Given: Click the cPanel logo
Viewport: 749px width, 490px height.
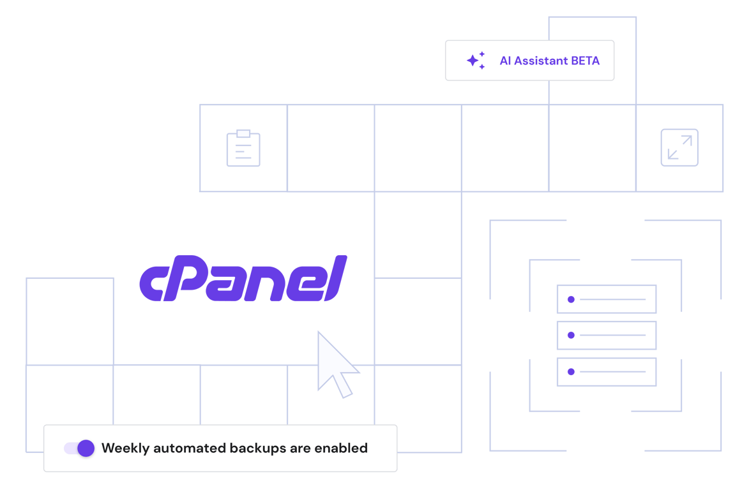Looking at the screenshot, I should click(x=243, y=279).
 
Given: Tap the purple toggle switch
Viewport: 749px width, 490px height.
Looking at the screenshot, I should click(x=80, y=448).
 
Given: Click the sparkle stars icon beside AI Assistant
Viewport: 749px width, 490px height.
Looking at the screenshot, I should click(x=476, y=61).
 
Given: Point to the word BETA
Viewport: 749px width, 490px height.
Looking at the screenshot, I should click(x=586, y=61).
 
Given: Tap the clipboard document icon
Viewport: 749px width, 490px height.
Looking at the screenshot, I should click(x=243, y=149).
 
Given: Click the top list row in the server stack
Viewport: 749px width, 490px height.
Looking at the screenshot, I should click(x=607, y=299).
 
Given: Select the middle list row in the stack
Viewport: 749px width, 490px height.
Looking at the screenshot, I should click(x=607, y=336).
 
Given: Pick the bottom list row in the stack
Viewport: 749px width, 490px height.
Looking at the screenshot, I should click(x=607, y=372).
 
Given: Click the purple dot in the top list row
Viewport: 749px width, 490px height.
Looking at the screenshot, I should click(x=571, y=299).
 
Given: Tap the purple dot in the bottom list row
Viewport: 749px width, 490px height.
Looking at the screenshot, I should click(x=571, y=372).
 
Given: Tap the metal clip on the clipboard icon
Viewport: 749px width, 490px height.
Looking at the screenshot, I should click(x=243, y=133).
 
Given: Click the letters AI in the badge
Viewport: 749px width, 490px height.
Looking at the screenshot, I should click(x=505, y=61).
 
